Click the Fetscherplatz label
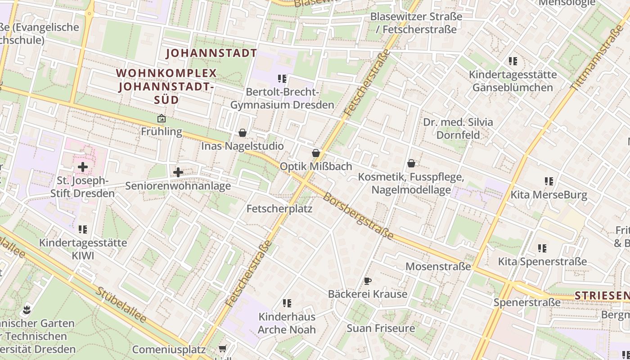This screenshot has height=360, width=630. coord(279,209)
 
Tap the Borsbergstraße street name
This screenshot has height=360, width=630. coord(358,216)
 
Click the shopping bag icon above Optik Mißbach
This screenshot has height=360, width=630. coord(316,153)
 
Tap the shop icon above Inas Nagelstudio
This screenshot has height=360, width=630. coord(243,133)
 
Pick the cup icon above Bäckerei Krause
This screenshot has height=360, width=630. coord(368,281)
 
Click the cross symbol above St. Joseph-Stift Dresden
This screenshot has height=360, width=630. coord(83,167)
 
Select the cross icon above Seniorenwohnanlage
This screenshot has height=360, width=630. coord(178,172)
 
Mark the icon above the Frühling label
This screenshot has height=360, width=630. coord(161,119)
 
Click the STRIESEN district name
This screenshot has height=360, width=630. coord(601,296)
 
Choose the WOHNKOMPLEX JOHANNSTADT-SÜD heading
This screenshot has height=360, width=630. coord(167,86)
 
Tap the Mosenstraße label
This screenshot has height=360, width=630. coord(438,266)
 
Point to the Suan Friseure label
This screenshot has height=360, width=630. coord(381,328)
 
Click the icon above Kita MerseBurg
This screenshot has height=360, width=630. coord(549,181)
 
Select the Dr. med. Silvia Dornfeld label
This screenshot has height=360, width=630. coord(458,128)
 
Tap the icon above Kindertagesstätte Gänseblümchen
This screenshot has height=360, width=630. coord(513,61)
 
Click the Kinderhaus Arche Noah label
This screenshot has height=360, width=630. coord(287,323)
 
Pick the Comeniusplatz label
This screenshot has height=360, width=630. coord(169,350)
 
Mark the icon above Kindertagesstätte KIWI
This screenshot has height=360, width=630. coord(83,230)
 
